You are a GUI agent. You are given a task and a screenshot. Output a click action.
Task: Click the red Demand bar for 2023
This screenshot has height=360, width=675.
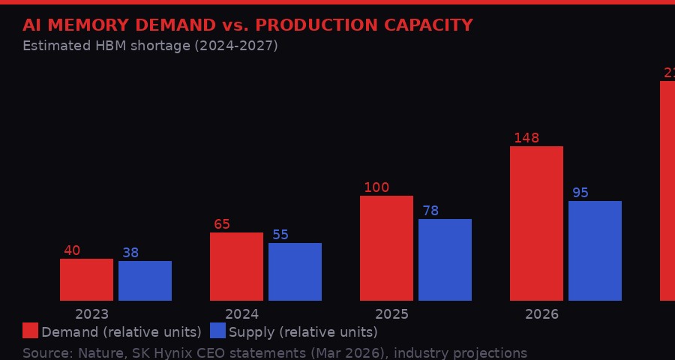click(x=86, y=280)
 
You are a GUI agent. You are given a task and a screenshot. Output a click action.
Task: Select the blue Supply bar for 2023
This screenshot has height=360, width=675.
click(x=145, y=280)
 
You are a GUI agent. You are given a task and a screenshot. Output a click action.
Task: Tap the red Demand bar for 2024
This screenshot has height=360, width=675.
click(x=236, y=266)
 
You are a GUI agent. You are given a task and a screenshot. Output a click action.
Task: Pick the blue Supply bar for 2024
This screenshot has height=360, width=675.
click(x=295, y=271)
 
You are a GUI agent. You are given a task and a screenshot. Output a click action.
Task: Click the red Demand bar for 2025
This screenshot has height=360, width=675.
click(x=386, y=248)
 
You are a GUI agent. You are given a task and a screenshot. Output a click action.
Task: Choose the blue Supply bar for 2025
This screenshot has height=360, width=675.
click(x=445, y=259)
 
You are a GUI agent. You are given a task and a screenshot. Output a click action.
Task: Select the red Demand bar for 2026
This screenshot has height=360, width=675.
click(x=536, y=223)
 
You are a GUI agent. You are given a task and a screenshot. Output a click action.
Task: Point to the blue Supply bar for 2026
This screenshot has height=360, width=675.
click(x=595, y=250)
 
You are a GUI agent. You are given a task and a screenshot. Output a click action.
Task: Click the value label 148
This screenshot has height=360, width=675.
click(x=526, y=138)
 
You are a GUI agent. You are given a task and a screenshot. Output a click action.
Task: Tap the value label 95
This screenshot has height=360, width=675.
click(x=580, y=193)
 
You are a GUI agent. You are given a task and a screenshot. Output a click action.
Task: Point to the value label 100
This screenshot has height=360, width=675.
click(x=376, y=187)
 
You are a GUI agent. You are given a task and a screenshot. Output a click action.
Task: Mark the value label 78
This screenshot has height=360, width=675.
click(x=430, y=211)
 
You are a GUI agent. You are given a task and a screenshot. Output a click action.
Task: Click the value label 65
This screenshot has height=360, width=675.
click(x=222, y=224)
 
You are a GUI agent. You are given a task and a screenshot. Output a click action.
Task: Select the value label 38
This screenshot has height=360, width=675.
click(x=130, y=253)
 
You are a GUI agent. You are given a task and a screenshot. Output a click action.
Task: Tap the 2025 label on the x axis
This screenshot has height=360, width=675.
click(x=391, y=314)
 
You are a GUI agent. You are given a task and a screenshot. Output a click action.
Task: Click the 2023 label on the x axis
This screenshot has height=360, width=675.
click(x=91, y=314)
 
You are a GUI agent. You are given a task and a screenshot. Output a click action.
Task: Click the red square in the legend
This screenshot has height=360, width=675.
click(x=30, y=331)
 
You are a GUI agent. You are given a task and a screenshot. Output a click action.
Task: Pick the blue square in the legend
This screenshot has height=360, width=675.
click(x=217, y=331)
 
